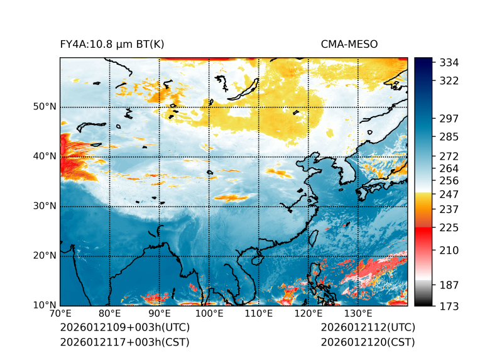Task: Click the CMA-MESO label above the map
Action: point(349,44)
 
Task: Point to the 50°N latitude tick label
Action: point(45,107)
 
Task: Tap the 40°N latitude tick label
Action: point(45,156)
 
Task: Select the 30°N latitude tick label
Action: point(45,206)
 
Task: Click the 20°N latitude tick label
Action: point(45,256)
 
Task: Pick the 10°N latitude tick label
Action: point(45,305)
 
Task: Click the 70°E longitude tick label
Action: point(60,314)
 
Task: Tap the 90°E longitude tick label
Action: point(160,314)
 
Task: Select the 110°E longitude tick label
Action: point(259,314)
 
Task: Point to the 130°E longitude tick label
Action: point(358,314)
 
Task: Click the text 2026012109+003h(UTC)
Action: point(124,327)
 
